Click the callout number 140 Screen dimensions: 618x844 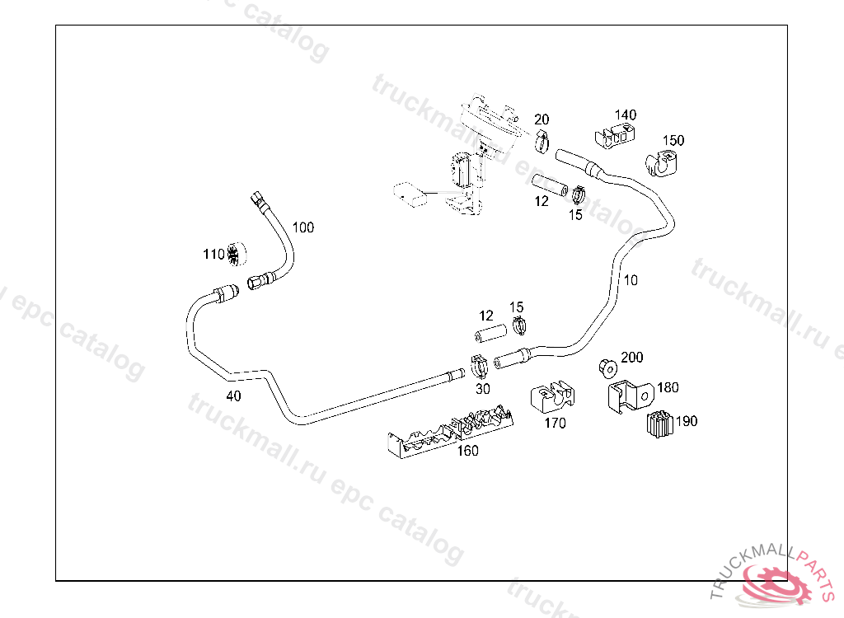pyautogui.click(x=626, y=115)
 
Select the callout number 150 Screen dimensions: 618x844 pyautogui.click(x=673, y=140)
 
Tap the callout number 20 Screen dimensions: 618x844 pyautogui.click(x=542, y=119)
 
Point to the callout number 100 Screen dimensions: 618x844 pyautogui.click(x=303, y=227)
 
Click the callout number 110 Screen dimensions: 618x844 pyautogui.click(x=213, y=255)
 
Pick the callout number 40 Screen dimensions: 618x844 pyautogui.click(x=234, y=396)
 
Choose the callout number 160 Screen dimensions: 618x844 pyautogui.click(x=467, y=451)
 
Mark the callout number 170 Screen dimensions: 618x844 pyautogui.click(x=556, y=424)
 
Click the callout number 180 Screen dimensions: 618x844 pyautogui.click(x=668, y=387)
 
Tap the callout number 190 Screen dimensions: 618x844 pyautogui.click(x=687, y=421)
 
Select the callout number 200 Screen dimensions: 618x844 pyautogui.click(x=632, y=358)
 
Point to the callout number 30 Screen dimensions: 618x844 pyautogui.click(x=482, y=389)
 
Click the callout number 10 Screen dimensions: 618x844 pyautogui.click(x=631, y=280)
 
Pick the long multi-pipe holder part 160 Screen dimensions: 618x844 pyautogui.click(x=449, y=430)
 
